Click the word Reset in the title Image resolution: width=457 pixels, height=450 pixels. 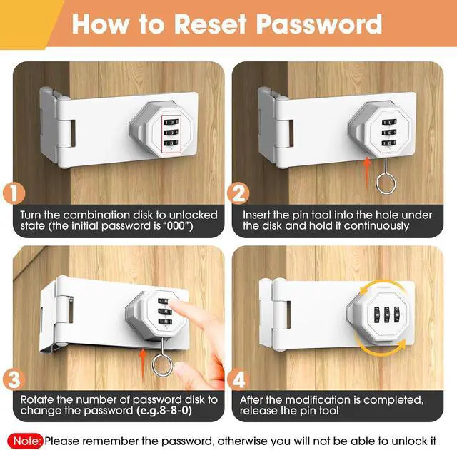(211, 24)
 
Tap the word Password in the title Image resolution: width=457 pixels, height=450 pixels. (319, 24)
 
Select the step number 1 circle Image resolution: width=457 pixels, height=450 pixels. (14, 193)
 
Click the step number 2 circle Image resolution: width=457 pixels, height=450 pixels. (238, 193)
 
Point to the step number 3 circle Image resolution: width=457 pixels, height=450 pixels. (14, 379)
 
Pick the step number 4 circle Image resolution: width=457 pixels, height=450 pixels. (238, 379)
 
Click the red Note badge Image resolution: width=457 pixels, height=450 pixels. (25, 441)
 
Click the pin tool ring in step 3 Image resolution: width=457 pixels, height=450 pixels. (154, 366)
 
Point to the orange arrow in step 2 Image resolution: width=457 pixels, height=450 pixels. (367, 173)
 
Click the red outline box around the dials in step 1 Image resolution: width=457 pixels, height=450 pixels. (162, 134)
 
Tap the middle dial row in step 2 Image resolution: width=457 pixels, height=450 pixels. (389, 133)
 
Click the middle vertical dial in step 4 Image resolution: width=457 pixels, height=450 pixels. (387, 315)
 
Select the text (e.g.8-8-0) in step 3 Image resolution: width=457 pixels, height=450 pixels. (164, 411)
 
